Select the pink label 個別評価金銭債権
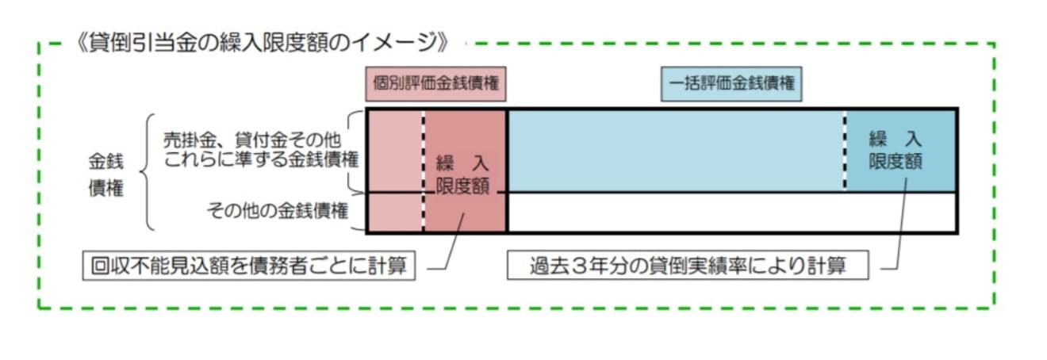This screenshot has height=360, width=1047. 436,82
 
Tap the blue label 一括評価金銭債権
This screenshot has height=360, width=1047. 731,82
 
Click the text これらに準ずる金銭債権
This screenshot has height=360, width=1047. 261,158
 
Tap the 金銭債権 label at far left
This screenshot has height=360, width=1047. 105,175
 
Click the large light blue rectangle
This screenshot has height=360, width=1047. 674,151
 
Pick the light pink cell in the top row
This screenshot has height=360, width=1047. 394,151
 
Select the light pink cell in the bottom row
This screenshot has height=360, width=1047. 394,213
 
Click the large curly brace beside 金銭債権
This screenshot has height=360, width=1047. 147,172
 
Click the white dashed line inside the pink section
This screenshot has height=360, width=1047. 423,170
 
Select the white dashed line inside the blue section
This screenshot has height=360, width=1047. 845,151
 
